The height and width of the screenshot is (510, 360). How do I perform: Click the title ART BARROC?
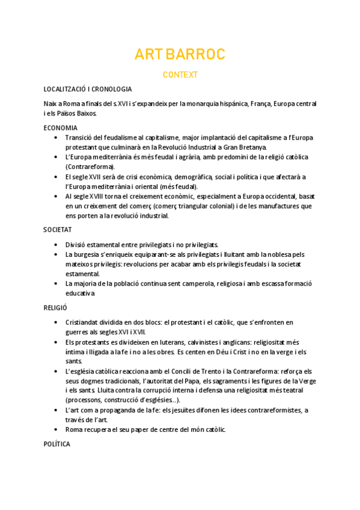[x=180, y=55]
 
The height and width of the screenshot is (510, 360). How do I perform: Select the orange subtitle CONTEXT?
[x=180, y=75]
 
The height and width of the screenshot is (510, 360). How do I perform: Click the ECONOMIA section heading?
[x=60, y=128]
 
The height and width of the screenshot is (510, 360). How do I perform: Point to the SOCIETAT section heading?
[x=58, y=230]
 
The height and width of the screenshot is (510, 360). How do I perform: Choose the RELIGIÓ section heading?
[x=55, y=307]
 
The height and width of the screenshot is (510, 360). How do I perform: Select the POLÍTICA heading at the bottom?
[x=57, y=444]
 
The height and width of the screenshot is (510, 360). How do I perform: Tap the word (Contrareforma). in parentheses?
[x=90, y=167]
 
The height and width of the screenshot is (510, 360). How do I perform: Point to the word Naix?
[x=50, y=104]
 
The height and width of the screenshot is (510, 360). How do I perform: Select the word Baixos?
[x=84, y=114]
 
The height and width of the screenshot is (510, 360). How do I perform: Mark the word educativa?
[x=81, y=293]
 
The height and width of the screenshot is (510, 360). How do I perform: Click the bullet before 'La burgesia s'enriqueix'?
[x=56, y=254]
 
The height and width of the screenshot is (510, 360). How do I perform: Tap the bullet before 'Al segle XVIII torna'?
[x=56, y=196]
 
